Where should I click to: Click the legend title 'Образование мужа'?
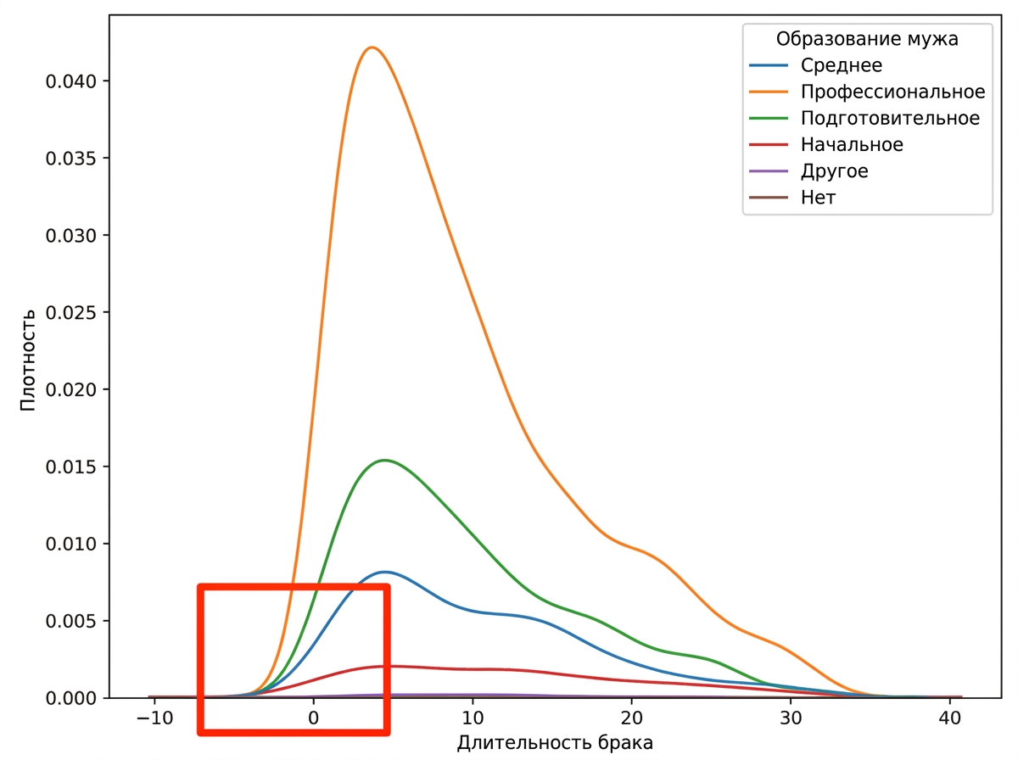point(867,39)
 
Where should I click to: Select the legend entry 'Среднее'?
point(841,65)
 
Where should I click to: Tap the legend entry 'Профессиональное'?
point(892,92)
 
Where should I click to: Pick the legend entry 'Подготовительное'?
point(890,118)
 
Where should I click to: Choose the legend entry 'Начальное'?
point(852,145)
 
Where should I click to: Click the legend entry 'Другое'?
point(834,171)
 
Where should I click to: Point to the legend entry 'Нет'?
point(818,198)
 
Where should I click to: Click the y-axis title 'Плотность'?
point(28,360)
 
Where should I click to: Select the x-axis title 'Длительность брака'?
point(555,742)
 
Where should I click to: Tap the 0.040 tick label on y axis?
point(70,81)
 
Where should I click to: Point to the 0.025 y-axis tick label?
point(70,313)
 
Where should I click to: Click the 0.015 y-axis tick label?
point(70,467)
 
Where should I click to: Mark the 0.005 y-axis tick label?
point(70,622)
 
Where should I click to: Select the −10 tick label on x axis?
point(154,718)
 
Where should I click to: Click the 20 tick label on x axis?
point(631,718)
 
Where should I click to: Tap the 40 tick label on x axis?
point(949,718)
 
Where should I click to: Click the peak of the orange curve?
point(372,47)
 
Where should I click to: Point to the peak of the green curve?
point(384,460)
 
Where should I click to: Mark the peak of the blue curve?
point(385,572)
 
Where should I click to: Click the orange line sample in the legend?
point(769,92)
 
